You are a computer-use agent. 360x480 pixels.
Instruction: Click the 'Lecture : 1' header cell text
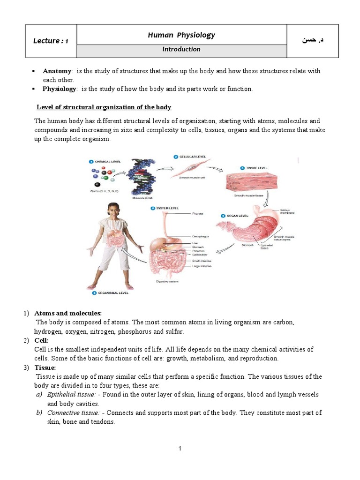(x=51, y=41)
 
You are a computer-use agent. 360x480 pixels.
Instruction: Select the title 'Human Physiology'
(x=181, y=35)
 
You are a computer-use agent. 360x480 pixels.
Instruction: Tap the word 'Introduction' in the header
(x=181, y=49)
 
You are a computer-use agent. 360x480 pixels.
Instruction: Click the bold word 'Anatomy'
(x=57, y=71)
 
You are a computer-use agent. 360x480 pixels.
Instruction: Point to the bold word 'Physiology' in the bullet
(x=59, y=89)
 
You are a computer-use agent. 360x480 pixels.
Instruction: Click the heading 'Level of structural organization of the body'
(x=104, y=107)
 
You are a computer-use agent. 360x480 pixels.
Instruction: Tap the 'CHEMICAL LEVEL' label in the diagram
(x=107, y=162)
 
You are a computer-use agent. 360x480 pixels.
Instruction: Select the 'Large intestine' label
(x=202, y=266)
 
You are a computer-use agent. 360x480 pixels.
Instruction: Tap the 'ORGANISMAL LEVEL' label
(x=112, y=293)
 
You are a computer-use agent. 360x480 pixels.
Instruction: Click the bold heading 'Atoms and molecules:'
(x=68, y=313)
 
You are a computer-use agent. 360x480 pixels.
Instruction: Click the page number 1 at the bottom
(x=180, y=449)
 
